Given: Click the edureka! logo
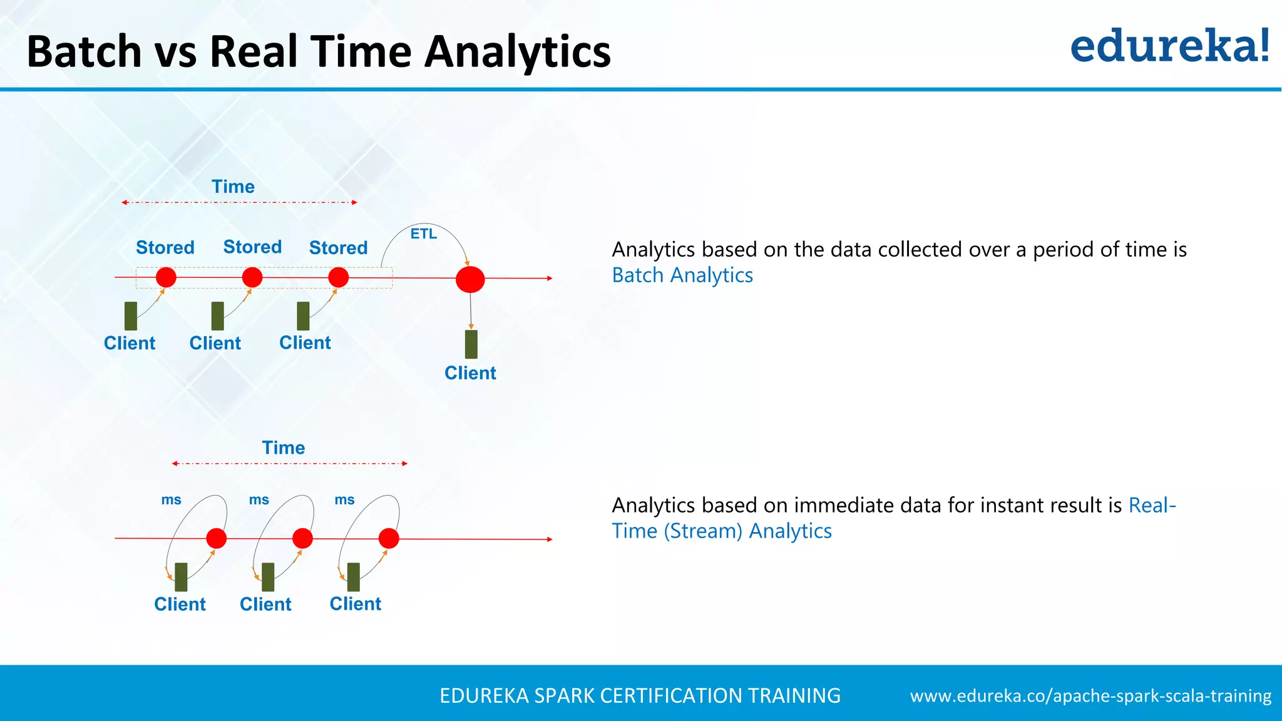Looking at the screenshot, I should coord(1169,46).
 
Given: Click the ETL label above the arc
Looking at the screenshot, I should coord(423,234).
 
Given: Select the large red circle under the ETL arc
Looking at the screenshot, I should coord(470,279).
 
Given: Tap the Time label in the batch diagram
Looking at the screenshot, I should coord(233,187).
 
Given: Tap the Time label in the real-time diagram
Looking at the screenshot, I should coord(284,447).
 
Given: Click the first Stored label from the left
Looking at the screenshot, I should coord(165,247).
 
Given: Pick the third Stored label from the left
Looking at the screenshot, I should coord(338,248).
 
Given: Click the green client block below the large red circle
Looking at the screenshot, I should coord(471,344).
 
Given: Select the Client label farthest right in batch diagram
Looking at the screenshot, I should coord(470,373).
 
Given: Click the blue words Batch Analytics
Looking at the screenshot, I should coord(682,275).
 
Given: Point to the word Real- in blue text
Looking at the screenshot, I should coord(1152,505).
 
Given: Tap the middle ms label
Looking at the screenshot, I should coord(259,499).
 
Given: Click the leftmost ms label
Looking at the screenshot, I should coord(171,499).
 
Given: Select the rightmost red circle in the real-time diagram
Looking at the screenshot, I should coord(389,538).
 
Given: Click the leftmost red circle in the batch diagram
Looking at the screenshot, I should coord(166,277).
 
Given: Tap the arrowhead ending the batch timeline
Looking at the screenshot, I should coord(550,278).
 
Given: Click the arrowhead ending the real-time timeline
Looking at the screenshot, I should coord(550,539).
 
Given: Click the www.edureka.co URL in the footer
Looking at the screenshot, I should coord(1090,696).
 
